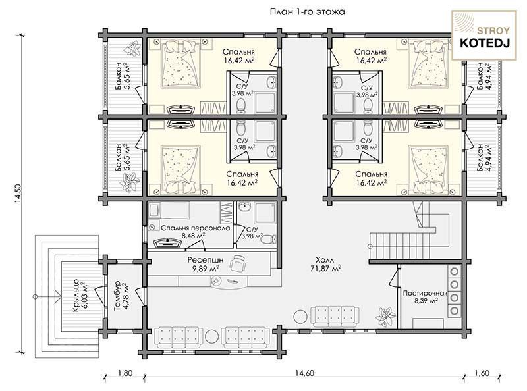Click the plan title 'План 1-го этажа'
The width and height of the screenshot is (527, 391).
[307, 12]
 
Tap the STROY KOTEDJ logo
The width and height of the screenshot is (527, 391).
[484, 35]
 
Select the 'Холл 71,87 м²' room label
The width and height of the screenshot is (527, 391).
[325, 264]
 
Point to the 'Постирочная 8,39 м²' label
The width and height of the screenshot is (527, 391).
[425, 297]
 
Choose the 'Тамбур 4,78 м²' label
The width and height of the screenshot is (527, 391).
[121, 297]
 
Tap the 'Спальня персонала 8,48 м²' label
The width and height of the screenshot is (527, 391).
[195, 232]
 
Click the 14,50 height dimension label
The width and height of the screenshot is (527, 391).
[18, 194]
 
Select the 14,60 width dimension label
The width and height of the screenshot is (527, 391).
[304, 373]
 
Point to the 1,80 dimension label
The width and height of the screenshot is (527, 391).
[125, 373]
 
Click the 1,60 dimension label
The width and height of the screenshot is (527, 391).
[482, 373]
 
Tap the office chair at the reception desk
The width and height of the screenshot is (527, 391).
[237, 262]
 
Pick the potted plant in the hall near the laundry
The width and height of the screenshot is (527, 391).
[385, 315]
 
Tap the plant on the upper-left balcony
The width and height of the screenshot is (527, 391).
[132, 49]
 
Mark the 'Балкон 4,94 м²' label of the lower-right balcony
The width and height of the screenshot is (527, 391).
[484, 157]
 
